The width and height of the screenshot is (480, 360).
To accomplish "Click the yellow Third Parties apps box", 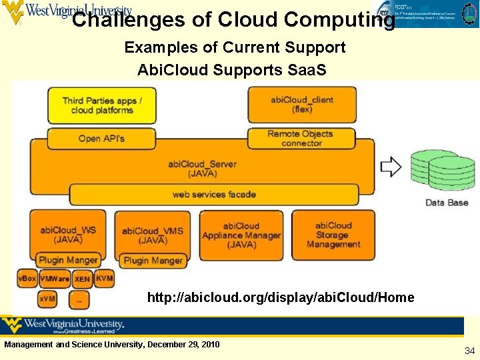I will [x=101, y=105].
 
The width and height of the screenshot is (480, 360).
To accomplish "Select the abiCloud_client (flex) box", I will [x=302, y=105].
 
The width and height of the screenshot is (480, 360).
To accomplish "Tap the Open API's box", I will [x=101, y=138].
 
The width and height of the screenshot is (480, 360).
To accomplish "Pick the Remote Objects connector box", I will [x=302, y=138].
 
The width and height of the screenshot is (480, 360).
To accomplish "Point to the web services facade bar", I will [x=213, y=195].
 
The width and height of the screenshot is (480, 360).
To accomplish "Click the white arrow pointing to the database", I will [x=391, y=167].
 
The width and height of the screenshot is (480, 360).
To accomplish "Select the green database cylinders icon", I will [x=437, y=170].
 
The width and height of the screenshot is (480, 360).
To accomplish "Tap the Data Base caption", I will [x=447, y=203].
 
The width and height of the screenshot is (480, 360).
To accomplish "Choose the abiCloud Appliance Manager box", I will [x=241, y=235].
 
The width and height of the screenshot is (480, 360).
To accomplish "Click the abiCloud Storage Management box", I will [x=333, y=235].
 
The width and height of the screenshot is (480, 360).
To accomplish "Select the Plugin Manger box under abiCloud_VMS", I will [x=153, y=261].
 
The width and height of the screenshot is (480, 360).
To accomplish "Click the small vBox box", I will [x=27, y=278].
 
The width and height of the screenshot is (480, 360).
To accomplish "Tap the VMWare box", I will [x=55, y=278].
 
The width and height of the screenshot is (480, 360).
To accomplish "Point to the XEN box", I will [x=83, y=279].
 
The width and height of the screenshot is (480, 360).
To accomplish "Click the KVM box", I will [x=104, y=277].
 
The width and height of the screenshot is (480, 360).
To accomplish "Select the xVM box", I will [x=47, y=299].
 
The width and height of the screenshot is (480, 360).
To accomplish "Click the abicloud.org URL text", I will [x=280, y=297].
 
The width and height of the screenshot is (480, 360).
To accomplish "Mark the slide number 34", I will [x=469, y=351].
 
